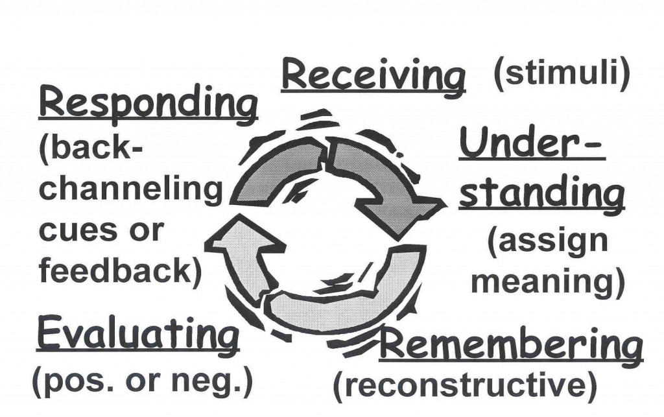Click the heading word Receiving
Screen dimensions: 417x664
point(373,77)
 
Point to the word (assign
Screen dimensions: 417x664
point(547,241)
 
